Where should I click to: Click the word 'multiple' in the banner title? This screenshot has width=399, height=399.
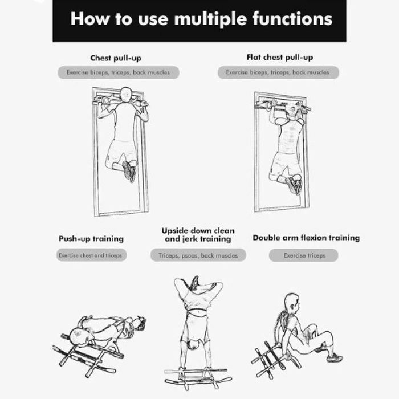(x=211, y=19)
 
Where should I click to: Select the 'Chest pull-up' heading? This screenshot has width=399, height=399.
(x=116, y=58)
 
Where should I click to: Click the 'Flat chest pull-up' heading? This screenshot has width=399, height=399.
(x=280, y=57)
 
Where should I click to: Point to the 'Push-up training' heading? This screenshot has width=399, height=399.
(x=91, y=239)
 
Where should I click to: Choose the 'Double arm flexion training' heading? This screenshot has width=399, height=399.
(x=306, y=238)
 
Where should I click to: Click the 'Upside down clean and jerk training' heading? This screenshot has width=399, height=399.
(x=198, y=235)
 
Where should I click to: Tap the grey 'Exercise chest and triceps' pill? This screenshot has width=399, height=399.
(x=92, y=255)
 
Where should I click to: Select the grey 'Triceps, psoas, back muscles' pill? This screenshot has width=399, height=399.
(x=198, y=255)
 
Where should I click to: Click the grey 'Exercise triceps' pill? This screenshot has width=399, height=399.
(x=304, y=255)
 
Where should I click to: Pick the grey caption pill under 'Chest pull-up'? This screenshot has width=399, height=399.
(x=119, y=72)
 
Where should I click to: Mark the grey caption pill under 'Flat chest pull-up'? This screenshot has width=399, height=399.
(x=278, y=72)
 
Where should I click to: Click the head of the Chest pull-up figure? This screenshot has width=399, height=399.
(x=126, y=95)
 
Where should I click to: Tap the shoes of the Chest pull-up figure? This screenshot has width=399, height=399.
(x=129, y=170)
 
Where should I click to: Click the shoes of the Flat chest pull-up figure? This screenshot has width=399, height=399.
(x=294, y=184)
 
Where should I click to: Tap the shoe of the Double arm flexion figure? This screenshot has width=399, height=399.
(x=335, y=358)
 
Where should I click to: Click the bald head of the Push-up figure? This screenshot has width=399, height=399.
(x=78, y=337)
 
